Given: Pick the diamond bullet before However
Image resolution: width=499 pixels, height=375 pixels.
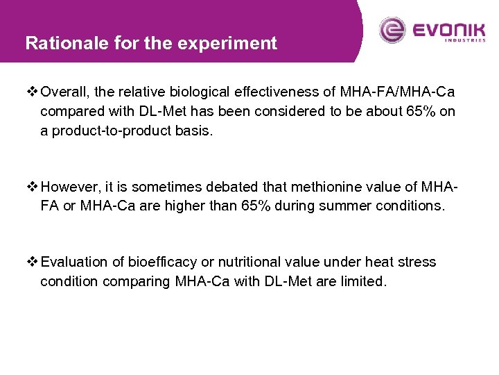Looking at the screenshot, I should coord(33,187).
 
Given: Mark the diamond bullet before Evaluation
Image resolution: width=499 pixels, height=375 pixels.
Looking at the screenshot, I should coord(33,262).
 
